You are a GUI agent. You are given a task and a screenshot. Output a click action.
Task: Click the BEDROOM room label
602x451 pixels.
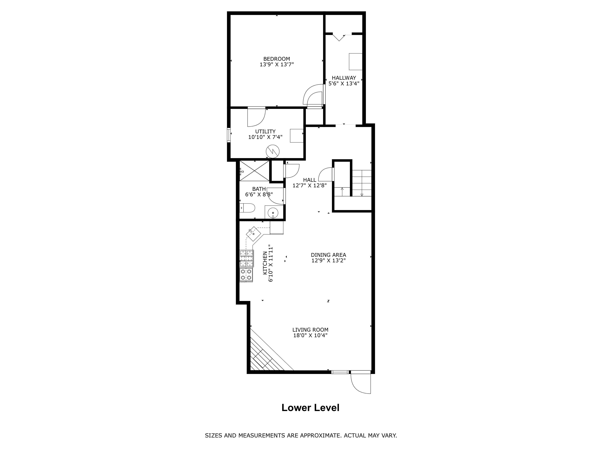click(276, 59)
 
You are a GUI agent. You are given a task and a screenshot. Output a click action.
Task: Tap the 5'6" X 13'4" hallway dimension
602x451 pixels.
click(344, 83)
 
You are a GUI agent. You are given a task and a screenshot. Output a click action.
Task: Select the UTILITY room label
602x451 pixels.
click(265, 131)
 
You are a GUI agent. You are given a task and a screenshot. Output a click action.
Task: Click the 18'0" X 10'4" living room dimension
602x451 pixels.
click(310, 335)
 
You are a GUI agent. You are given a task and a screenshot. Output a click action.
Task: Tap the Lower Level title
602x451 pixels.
click(310, 408)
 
